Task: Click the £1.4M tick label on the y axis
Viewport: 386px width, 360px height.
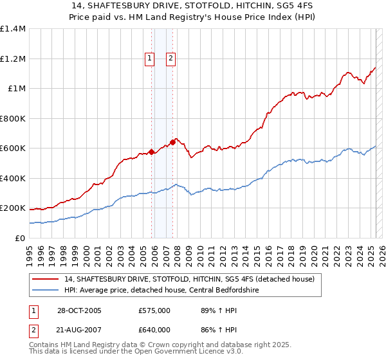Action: click(13, 29)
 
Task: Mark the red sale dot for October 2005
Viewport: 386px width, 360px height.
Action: click(152, 152)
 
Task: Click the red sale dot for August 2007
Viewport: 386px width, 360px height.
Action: click(172, 142)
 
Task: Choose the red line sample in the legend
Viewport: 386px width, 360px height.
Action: click(45, 280)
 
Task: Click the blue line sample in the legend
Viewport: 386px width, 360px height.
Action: click(45, 291)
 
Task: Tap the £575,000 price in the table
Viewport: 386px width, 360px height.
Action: click(154, 310)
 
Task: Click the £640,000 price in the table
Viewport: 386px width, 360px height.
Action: click(154, 330)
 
